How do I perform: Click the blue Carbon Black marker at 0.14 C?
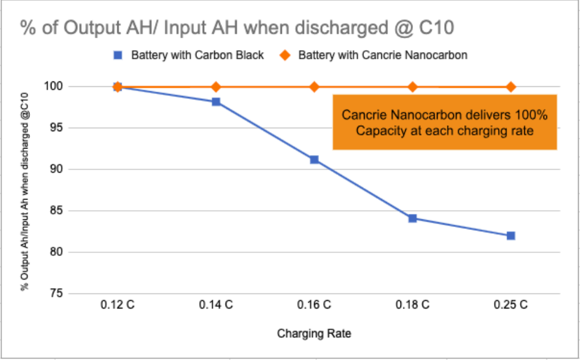click(x=216, y=102)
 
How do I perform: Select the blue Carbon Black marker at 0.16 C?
click(x=314, y=160)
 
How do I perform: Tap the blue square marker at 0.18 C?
click(x=412, y=219)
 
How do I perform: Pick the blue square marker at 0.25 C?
click(x=511, y=235)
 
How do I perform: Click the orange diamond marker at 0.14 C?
click(x=216, y=87)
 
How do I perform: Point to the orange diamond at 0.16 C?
click(x=314, y=87)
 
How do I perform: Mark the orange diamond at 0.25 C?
click(x=511, y=87)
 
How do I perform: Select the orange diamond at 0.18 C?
click(x=412, y=87)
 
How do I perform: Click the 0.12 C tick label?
click(x=117, y=305)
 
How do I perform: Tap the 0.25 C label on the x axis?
click(x=511, y=305)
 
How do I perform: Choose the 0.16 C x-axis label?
click(x=314, y=305)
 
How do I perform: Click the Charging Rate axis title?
click(x=314, y=334)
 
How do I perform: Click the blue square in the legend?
click(x=119, y=55)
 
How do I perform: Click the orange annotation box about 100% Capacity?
click(x=445, y=122)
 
